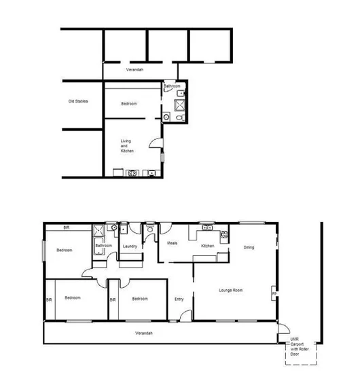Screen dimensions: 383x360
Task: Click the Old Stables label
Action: point(77,102)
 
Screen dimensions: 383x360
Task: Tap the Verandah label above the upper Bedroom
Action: point(134,70)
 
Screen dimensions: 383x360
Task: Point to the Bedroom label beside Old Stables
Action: point(129,104)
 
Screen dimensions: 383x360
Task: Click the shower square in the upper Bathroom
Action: point(180,105)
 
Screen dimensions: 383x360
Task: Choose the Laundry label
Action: point(130,246)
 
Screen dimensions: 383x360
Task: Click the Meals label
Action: point(172,243)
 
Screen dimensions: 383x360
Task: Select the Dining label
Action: point(249,247)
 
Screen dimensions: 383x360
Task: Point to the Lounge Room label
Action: point(231,291)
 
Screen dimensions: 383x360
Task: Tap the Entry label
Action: point(179,299)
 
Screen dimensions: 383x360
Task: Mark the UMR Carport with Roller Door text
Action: point(294,347)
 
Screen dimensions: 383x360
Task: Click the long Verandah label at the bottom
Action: point(143,333)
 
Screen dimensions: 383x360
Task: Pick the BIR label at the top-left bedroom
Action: point(67,227)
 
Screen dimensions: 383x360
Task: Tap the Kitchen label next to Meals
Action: point(208,246)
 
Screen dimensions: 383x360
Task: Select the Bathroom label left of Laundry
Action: point(103,246)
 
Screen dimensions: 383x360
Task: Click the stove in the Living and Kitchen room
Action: point(132,173)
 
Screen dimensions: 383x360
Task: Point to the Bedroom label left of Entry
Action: point(140,299)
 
